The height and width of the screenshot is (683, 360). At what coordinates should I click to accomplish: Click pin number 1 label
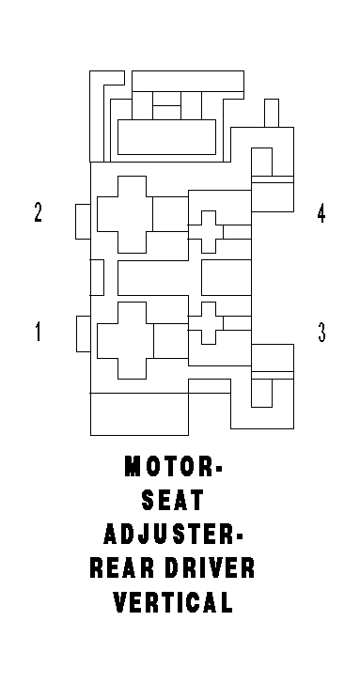point(38,331)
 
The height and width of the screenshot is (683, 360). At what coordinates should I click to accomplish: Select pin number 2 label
point(39,212)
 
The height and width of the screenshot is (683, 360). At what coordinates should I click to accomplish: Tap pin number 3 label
point(321,332)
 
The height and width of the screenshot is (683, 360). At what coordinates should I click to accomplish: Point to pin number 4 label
point(321,213)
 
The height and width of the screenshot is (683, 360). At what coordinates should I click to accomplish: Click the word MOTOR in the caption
point(168,466)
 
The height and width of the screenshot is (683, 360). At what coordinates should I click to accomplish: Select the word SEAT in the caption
point(173,500)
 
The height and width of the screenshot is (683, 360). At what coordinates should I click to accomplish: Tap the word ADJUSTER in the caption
point(169,534)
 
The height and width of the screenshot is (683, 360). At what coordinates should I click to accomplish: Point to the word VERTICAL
point(173,602)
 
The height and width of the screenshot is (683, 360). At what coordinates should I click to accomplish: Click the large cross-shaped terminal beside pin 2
point(125,214)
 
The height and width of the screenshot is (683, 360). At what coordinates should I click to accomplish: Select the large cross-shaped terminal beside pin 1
point(125,340)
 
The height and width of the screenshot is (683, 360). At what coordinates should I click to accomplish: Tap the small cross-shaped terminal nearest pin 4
point(209,232)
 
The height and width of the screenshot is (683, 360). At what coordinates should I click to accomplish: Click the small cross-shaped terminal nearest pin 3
point(209,323)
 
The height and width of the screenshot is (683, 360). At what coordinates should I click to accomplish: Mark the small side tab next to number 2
point(83,222)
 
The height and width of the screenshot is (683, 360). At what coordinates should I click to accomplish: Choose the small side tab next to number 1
point(84,334)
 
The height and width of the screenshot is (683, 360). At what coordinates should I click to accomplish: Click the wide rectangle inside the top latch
point(167,137)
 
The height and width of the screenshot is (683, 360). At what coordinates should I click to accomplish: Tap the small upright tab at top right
point(272,114)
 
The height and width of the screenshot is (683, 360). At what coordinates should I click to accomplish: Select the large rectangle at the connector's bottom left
point(139,413)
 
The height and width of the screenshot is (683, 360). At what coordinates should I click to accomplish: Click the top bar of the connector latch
point(188,81)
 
